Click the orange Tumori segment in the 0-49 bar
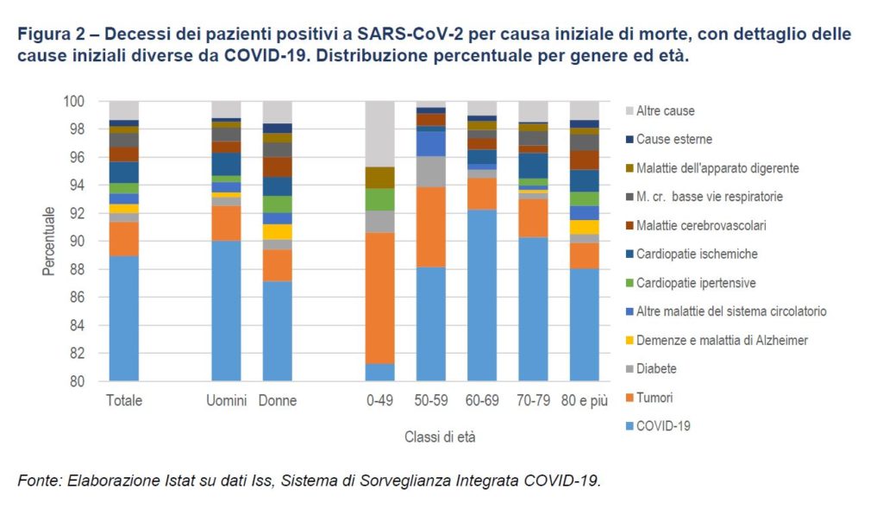(x=379, y=298)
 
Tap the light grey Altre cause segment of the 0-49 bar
(x=379, y=134)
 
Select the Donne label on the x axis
(x=277, y=401)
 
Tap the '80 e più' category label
(x=584, y=401)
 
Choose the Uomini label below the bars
(x=226, y=401)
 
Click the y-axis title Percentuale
(x=49, y=241)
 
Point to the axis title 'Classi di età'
(x=440, y=437)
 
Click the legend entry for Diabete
(x=656, y=368)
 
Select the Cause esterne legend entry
(x=674, y=139)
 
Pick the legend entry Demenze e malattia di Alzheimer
(x=722, y=340)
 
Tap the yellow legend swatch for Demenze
(x=629, y=340)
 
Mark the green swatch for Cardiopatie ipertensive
(x=629, y=283)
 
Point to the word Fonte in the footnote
(x=38, y=481)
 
